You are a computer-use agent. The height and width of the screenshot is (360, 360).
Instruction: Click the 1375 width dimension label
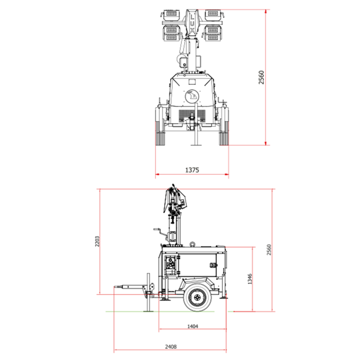pos(192,170)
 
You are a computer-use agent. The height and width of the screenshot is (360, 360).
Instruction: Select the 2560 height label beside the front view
pos(261,77)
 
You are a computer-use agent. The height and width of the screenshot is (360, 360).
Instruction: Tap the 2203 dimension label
pos(97,241)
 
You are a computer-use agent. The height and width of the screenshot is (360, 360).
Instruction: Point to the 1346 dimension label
pos(250,279)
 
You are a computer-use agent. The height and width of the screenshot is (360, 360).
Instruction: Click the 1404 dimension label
pos(193,326)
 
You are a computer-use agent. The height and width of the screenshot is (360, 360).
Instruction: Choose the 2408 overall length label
pos(171,346)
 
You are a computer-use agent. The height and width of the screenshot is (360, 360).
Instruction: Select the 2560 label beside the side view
pos(269,250)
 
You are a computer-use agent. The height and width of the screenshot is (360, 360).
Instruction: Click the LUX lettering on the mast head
pos(192,23)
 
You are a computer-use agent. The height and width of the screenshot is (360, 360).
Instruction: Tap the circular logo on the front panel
pos(192,96)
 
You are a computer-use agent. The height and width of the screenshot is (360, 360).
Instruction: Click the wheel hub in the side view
pos(197,297)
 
